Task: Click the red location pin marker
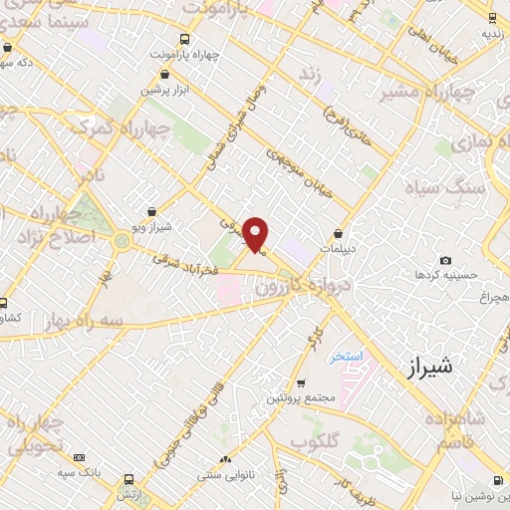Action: (257, 234)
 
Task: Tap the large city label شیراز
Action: (430, 367)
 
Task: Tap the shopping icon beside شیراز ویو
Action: (150, 211)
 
